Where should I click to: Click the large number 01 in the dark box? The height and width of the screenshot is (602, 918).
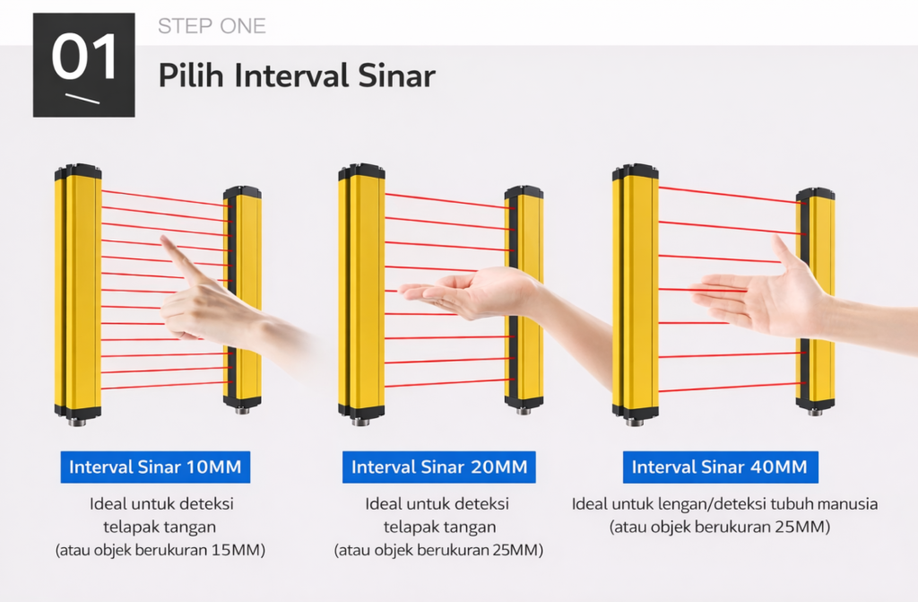[85, 57]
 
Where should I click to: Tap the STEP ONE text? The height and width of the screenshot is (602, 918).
[212, 26]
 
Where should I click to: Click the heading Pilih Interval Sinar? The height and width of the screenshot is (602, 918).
[297, 75]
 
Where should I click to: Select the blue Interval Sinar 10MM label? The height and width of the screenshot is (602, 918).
[155, 467]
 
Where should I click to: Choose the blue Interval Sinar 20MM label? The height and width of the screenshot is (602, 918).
[439, 467]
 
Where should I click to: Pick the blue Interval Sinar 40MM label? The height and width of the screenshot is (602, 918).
[720, 467]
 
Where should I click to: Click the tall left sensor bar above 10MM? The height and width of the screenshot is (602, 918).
[78, 294]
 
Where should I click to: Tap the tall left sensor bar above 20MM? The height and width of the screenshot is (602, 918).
[361, 294]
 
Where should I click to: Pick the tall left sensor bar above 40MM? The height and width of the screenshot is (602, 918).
[636, 294]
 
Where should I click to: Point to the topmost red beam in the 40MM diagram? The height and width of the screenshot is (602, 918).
[732, 196]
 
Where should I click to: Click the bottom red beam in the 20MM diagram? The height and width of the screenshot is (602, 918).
[450, 383]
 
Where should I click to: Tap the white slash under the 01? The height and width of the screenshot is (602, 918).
[82, 99]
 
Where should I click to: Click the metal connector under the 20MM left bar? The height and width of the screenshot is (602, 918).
[360, 421]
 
